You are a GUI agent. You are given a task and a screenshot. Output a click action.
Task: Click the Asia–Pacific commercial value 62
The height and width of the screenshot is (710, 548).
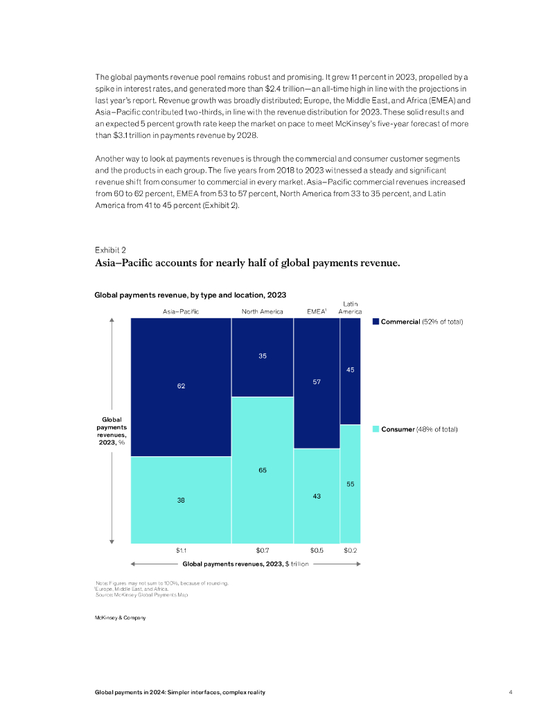point(181,386)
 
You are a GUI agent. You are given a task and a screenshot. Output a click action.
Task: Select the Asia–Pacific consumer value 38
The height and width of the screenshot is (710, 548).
point(181,499)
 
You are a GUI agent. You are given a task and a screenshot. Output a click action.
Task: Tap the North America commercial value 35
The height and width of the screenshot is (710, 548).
point(263,356)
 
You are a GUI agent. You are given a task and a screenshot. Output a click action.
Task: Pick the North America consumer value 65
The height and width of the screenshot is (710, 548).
point(263,470)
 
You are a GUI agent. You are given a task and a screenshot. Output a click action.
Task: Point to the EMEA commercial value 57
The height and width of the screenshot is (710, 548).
point(317,382)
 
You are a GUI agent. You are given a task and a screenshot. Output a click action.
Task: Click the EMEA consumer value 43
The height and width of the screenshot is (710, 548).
point(317,496)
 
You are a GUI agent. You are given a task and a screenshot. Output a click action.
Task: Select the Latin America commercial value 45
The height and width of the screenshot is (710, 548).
point(351,370)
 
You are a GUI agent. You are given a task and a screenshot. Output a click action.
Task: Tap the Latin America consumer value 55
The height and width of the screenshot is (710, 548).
point(351,483)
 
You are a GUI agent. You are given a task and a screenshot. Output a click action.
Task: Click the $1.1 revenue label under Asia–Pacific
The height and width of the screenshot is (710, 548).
point(181,551)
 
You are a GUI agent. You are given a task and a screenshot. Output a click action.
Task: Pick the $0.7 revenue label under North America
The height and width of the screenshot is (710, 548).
point(263,551)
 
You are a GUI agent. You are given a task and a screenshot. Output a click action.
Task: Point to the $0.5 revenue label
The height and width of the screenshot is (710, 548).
point(317,551)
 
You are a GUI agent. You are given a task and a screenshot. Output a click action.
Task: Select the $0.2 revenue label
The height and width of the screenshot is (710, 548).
point(351,551)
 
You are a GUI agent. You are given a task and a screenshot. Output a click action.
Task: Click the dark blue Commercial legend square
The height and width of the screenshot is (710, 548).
point(376,322)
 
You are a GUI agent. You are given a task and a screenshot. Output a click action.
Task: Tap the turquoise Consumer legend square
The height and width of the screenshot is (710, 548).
point(376,429)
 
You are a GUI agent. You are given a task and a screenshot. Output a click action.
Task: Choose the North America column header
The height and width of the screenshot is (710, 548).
point(262,311)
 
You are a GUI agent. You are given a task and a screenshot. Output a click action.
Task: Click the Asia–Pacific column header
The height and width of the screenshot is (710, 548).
point(181,311)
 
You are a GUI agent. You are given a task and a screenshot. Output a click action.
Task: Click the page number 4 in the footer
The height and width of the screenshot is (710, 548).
point(511,692)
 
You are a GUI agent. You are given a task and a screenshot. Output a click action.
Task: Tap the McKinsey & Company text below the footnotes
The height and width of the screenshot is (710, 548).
point(120,618)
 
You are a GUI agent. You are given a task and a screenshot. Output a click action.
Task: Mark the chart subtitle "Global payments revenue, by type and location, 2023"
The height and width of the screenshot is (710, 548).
point(190,295)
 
